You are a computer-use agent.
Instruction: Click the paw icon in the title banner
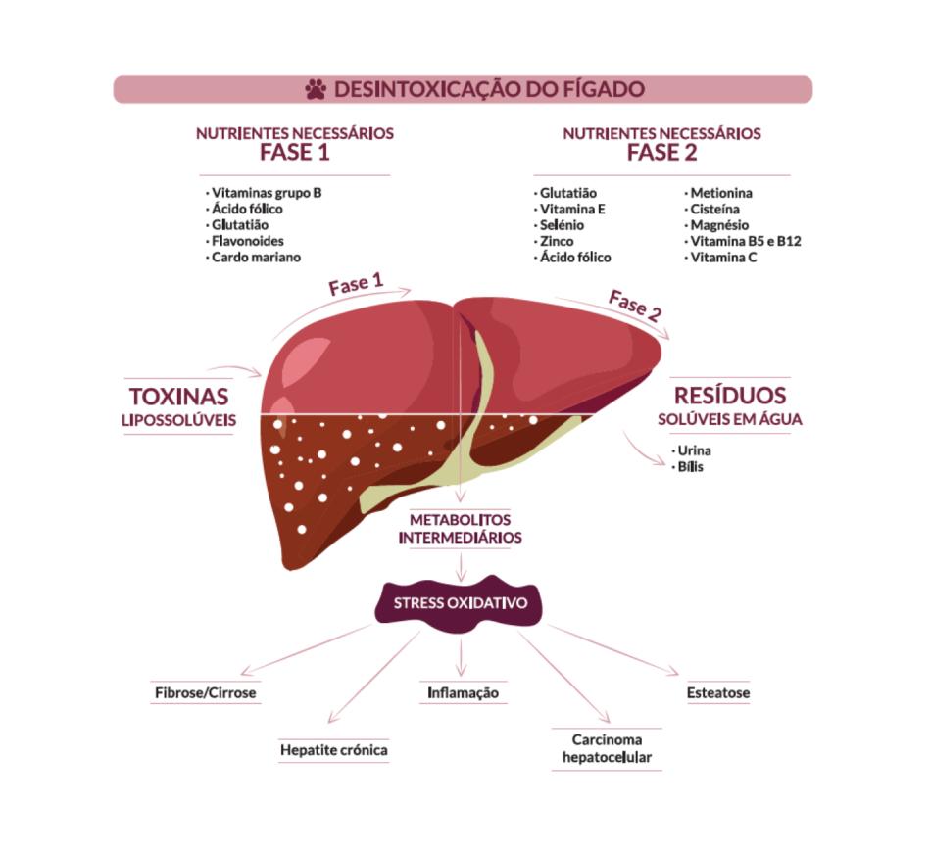point(316,90)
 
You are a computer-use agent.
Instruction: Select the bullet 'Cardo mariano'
point(256,257)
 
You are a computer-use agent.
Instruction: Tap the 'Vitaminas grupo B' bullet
point(266,193)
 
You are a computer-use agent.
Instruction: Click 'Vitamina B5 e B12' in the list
point(745,241)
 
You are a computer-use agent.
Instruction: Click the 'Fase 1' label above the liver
point(356,285)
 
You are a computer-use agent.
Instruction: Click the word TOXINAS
point(179,397)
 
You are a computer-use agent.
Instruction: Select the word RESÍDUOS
point(730,396)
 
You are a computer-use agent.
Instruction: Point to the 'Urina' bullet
point(694,450)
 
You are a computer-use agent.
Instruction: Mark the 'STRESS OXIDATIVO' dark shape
point(460,603)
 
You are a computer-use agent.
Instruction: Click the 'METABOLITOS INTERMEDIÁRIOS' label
point(460,528)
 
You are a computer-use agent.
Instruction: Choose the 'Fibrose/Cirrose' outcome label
point(205,692)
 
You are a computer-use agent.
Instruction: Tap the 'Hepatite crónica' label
point(334,750)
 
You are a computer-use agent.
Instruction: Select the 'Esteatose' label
point(718,692)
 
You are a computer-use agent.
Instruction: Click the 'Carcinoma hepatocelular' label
point(607,748)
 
